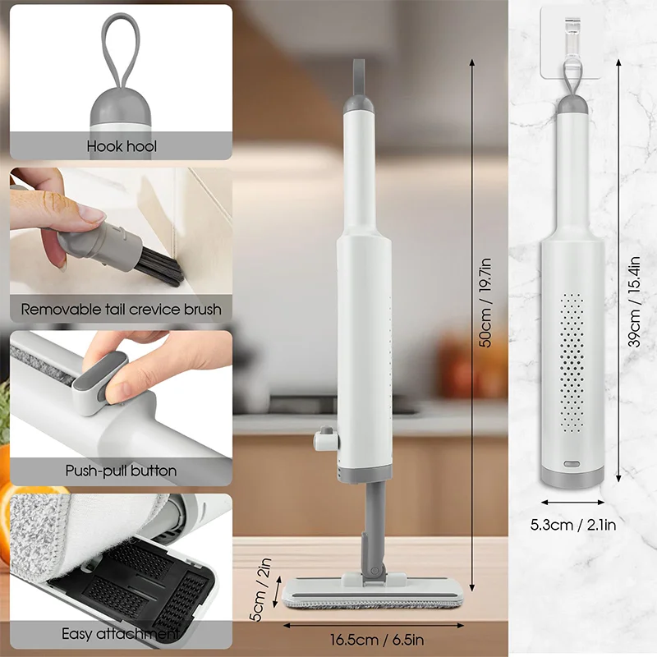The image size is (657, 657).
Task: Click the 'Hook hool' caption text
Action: [122, 147]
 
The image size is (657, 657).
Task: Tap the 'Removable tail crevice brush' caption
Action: [121, 310]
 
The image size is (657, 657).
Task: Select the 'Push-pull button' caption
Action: [121, 471]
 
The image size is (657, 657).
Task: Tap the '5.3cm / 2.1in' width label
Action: [573, 523]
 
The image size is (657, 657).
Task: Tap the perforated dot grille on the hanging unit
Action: [572, 361]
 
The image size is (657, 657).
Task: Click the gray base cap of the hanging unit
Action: [572, 476]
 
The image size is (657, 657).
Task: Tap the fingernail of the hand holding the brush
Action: [92, 215]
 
